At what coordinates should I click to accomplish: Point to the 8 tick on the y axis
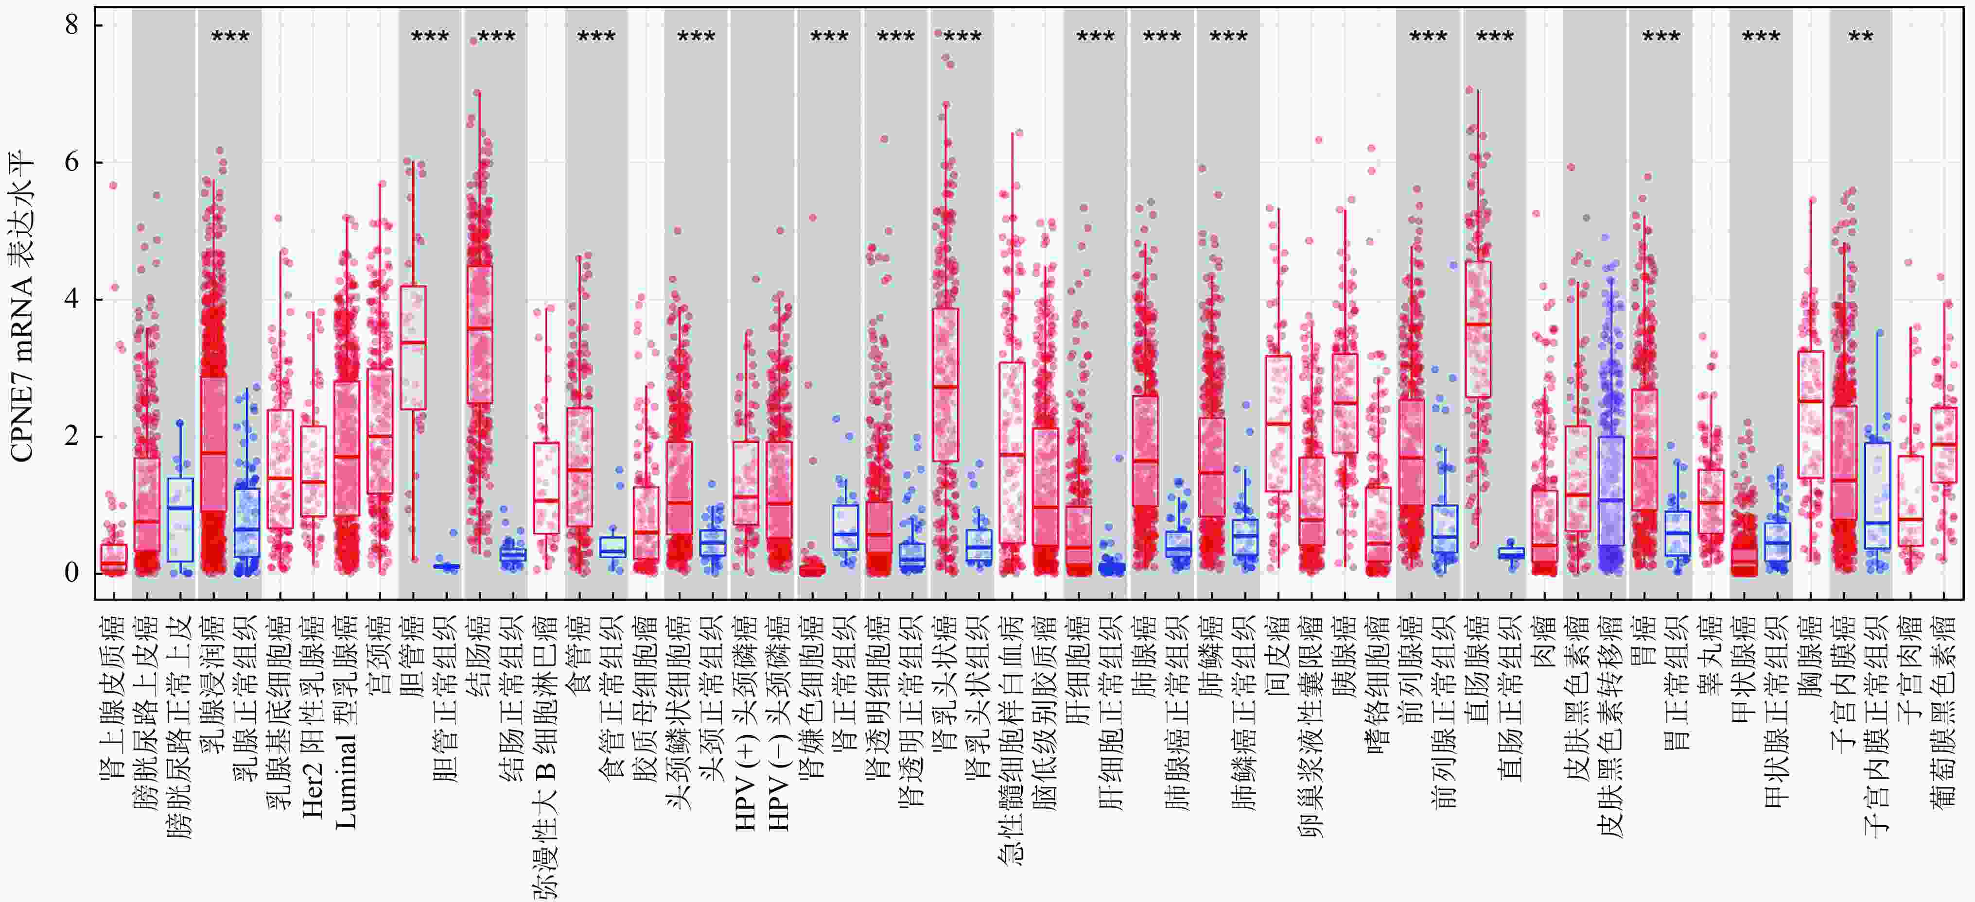tap(72, 25)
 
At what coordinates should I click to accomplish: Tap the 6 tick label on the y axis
tap(72, 162)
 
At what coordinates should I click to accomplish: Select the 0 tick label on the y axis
tap(72, 573)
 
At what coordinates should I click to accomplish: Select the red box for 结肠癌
tap(480, 334)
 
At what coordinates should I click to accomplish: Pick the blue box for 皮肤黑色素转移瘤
tap(1611, 491)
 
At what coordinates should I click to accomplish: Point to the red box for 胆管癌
tap(413, 347)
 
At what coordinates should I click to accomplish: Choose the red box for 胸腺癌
tap(1811, 415)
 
